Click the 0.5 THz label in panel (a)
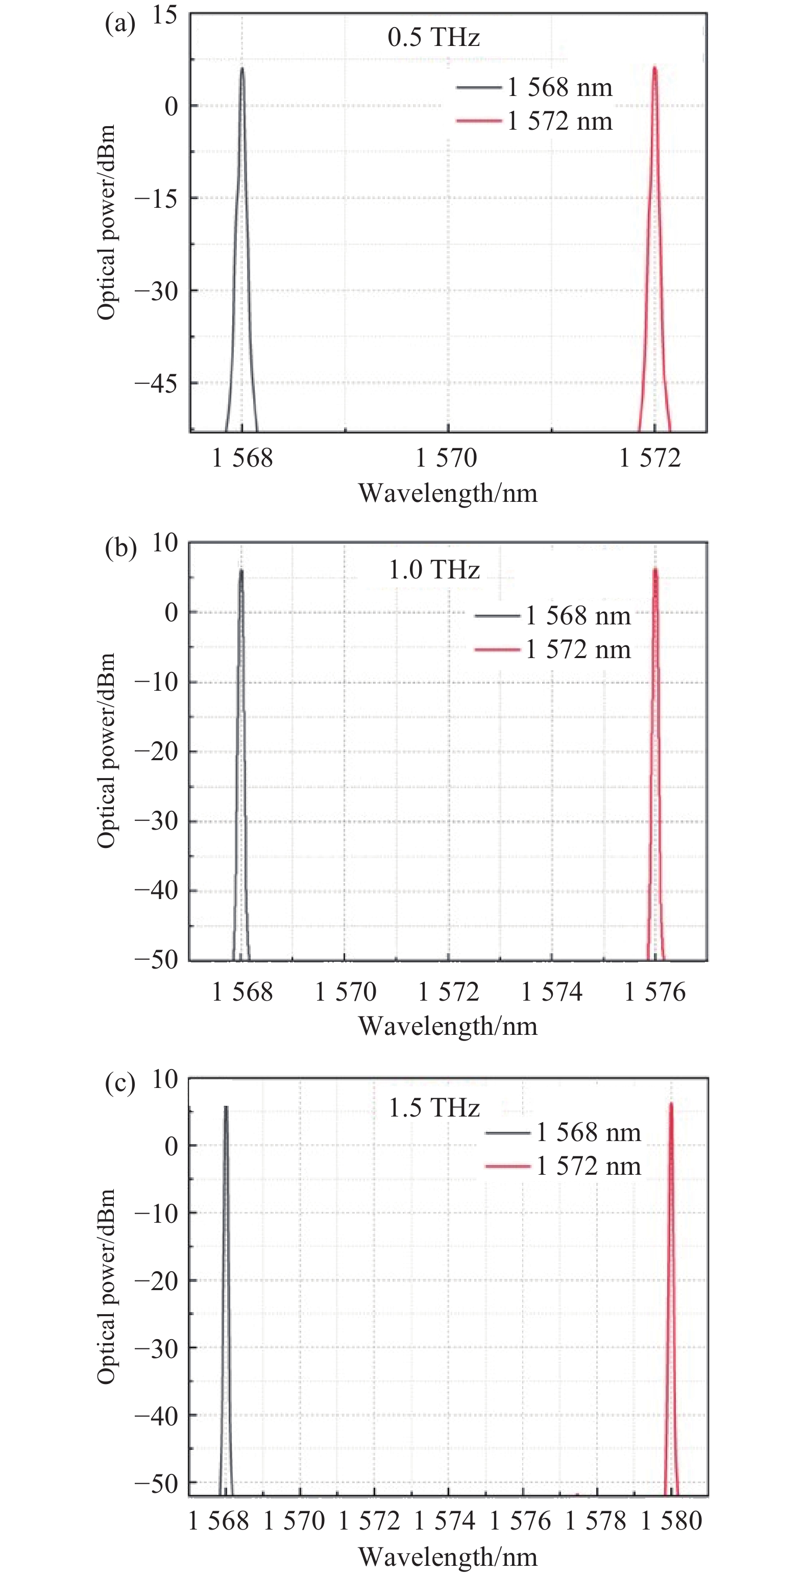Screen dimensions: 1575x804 [x=433, y=37]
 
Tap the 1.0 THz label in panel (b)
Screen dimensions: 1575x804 [x=434, y=570]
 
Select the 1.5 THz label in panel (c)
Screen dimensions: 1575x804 [x=434, y=1107]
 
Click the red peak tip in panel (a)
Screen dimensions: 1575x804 [x=654, y=67]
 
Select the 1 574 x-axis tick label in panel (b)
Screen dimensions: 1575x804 [x=551, y=991]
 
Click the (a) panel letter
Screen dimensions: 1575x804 [x=120, y=25]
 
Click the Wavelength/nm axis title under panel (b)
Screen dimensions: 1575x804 [x=448, y=1026]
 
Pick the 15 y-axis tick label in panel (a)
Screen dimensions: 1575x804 [x=164, y=15]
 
